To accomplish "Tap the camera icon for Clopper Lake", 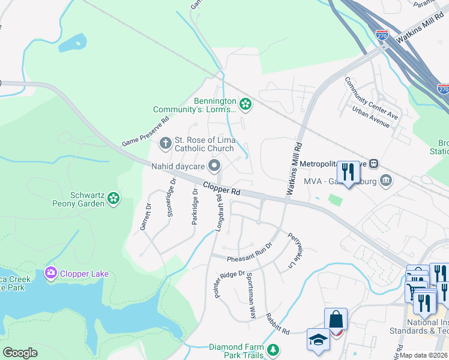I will coord(51,274).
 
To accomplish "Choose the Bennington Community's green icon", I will coord(245,104).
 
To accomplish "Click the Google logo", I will coord(20,353).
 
